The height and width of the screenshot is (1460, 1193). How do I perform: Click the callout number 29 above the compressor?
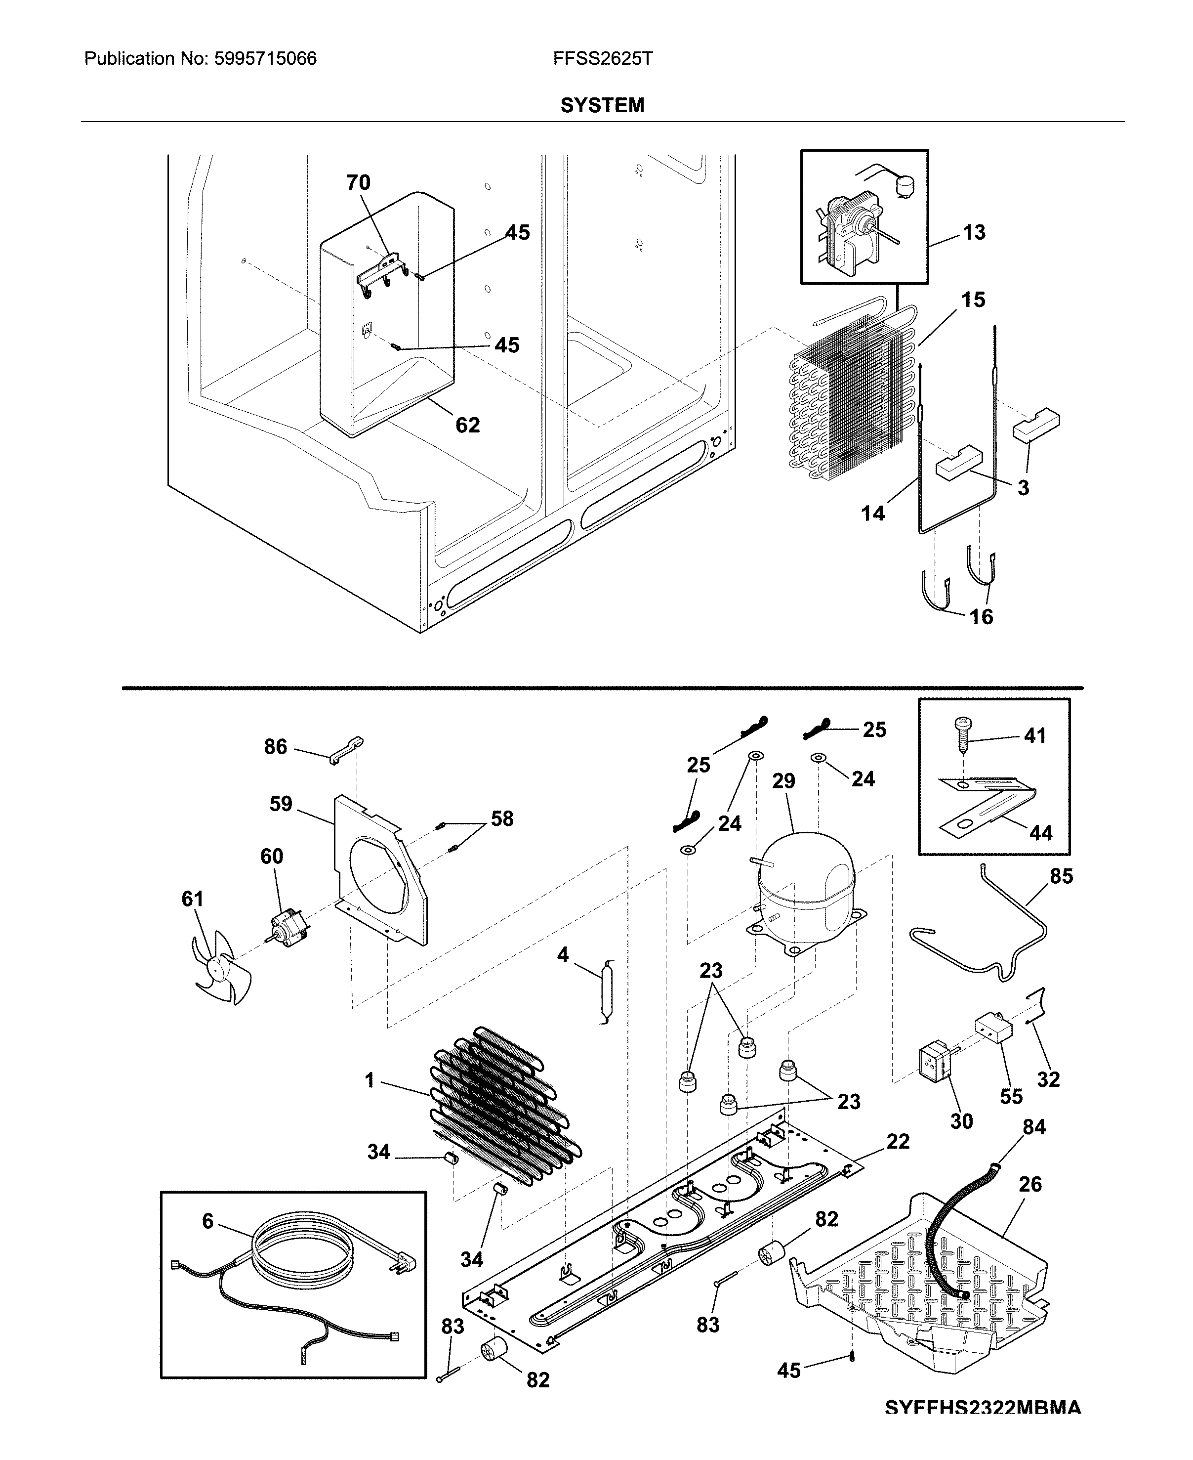(783, 781)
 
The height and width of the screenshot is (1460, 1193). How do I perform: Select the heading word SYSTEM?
(602, 105)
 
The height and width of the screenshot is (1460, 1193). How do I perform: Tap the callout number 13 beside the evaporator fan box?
(974, 232)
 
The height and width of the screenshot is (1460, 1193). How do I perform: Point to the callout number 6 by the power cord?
(207, 1221)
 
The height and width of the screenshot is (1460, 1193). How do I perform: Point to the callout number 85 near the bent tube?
(1061, 876)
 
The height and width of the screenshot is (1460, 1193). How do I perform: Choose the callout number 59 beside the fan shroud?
(281, 804)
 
